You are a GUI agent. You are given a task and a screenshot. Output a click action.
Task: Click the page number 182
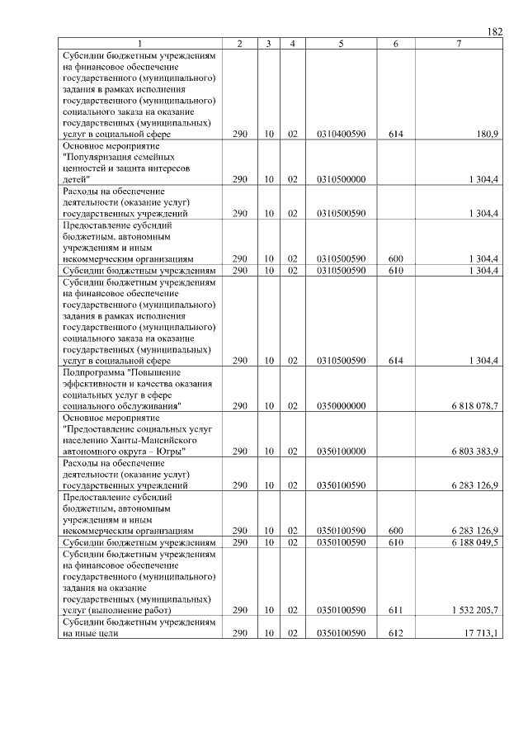click(495, 32)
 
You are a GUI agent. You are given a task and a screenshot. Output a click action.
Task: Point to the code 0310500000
click(341, 179)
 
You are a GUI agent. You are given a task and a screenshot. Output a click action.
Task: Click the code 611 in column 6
click(396, 610)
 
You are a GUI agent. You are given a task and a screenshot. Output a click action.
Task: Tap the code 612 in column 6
click(396, 633)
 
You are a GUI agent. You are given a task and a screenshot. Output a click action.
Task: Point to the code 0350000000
click(341, 406)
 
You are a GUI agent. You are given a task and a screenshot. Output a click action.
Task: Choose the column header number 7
click(459, 43)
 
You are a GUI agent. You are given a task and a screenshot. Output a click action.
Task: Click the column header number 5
click(341, 43)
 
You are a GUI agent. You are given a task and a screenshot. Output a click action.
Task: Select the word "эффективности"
click(92, 383)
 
